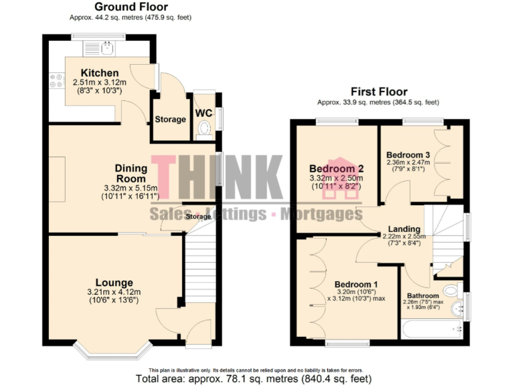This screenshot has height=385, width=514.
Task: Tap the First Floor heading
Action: tap(379, 92)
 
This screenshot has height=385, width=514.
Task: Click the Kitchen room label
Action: tap(100, 73)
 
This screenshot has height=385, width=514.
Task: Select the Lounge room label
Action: tap(114, 283)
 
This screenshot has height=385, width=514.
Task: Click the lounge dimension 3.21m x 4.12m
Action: tap(114, 292)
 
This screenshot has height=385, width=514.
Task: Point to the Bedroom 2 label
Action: tap(336, 169)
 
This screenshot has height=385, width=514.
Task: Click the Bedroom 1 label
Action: tap(356, 283)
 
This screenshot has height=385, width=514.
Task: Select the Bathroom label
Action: tap(423, 295)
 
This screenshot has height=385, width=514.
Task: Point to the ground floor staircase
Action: tap(199, 267)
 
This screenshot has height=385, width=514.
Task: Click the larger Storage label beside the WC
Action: tap(170, 120)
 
